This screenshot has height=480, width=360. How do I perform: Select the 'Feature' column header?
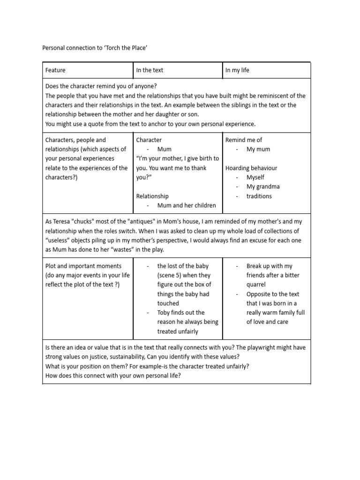pyautogui.click(x=55, y=70)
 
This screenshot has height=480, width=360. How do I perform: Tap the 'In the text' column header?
pyautogui.click(x=150, y=70)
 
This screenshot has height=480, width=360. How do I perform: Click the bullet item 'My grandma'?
pyautogui.click(x=263, y=187)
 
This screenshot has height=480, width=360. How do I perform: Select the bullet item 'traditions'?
pyautogui.click(x=259, y=196)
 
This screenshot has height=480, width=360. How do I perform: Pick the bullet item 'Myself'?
pyautogui.click(x=255, y=177)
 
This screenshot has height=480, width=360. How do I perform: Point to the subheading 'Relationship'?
pyautogui.click(x=152, y=196)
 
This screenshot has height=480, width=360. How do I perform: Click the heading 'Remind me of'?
pyautogui.click(x=244, y=140)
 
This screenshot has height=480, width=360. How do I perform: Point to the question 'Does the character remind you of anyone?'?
pyautogui.click(x=101, y=86)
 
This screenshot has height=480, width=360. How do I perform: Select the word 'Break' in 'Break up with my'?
pyautogui.click(x=255, y=266)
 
